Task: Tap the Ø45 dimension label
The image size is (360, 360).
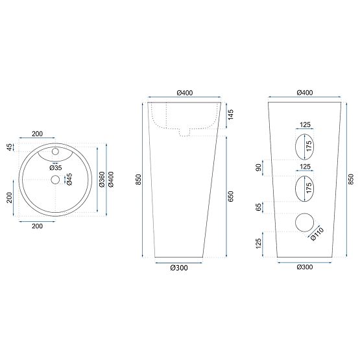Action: (69, 179)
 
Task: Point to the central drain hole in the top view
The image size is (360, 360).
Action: (55, 179)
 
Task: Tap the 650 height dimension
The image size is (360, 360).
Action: (231, 197)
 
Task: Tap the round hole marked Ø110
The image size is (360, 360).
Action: (304, 223)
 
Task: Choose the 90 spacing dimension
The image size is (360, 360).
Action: (259, 168)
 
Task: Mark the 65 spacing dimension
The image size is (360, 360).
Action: (259, 208)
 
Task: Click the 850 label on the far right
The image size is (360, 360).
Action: (351, 179)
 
